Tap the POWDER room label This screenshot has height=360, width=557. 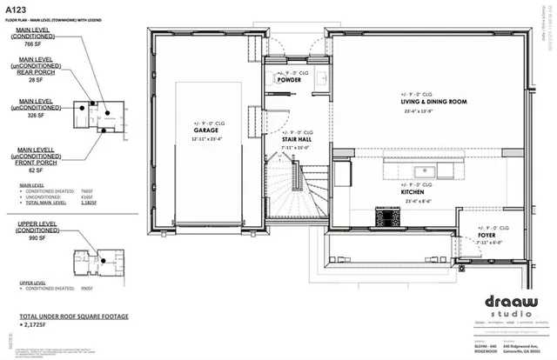coord(290,80)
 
